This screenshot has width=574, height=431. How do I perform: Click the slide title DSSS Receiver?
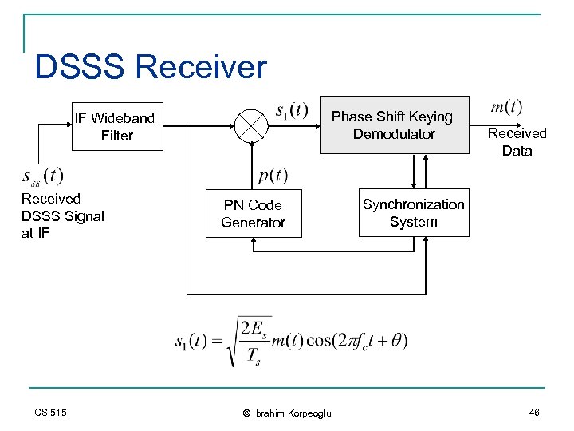point(151,67)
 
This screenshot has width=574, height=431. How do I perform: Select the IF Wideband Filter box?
point(116,127)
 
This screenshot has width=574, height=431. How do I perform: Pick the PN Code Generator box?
point(253,214)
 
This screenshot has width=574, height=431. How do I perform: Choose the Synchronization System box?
point(413,213)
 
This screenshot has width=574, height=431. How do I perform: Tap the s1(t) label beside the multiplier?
point(291,109)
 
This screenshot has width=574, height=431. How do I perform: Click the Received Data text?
point(517,142)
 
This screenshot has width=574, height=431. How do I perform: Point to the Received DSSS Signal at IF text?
point(62,215)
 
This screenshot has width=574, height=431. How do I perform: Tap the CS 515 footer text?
point(50,412)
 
